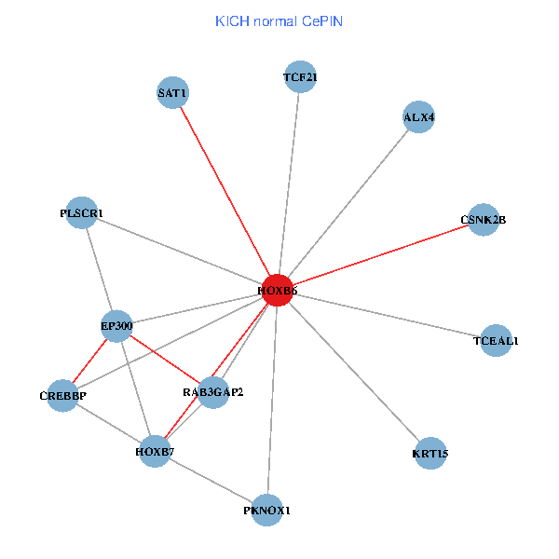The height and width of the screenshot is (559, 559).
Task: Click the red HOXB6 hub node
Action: (x=278, y=291)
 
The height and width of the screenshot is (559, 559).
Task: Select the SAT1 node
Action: (x=173, y=92)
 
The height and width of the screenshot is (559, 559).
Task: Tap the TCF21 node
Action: (x=300, y=77)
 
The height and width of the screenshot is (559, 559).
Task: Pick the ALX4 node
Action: (x=419, y=117)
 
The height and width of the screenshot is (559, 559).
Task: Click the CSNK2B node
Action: (x=483, y=220)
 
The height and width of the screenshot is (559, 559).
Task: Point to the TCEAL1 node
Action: (x=496, y=341)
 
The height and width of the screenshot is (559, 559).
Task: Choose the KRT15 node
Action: (x=429, y=454)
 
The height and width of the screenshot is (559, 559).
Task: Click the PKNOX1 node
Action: (x=267, y=510)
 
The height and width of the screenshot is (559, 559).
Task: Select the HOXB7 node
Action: (x=155, y=451)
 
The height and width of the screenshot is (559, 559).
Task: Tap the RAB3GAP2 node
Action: (x=213, y=392)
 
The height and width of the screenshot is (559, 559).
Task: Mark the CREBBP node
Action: (x=62, y=396)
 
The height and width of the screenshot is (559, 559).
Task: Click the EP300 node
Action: (x=117, y=326)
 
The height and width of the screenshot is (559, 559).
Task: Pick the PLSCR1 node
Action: (x=82, y=213)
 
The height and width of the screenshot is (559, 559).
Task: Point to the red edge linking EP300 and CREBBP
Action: (x=90, y=361)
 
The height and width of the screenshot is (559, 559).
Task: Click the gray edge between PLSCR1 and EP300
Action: (x=100, y=270)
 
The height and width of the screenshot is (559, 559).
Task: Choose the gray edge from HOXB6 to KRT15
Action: (x=354, y=373)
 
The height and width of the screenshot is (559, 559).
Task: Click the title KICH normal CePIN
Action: (x=279, y=20)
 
